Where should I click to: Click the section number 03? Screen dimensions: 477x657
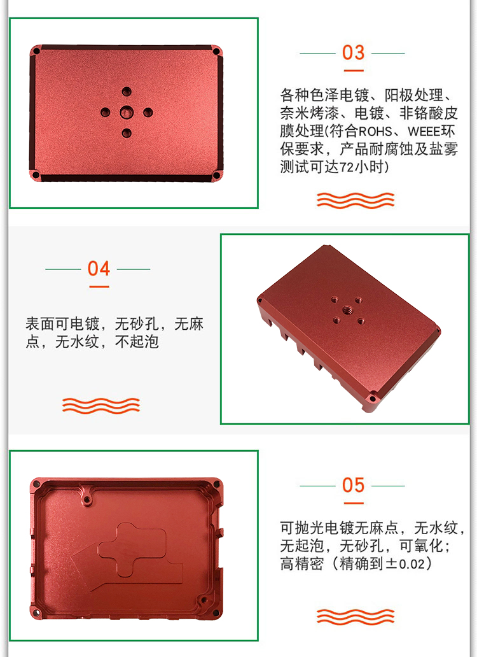pyautogui.click(x=353, y=53)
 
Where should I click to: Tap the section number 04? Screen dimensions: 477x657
pyautogui.click(x=99, y=269)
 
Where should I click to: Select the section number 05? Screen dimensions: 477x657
pyautogui.click(x=353, y=485)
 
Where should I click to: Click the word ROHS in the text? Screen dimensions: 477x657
pyautogui.click(x=376, y=132)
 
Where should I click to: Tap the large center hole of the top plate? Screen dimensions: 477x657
pyautogui.click(x=127, y=112)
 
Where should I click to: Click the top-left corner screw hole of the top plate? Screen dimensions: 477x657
pyautogui.click(x=36, y=51)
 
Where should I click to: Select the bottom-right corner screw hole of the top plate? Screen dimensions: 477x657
pyautogui.click(x=216, y=174)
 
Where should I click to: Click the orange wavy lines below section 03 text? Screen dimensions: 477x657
pyautogui.click(x=356, y=201)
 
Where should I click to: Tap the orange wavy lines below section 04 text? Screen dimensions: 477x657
pyautogui.click(x=101, y=406)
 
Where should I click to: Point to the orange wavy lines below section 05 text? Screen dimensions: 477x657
pyautogui.click(x=356, y=617)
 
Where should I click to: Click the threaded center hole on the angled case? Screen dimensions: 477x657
pyautogui.click(x=347, y=310)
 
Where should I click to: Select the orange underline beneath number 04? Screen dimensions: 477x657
pyautogui.click(x=99, y=286)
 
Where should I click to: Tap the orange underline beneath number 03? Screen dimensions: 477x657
pyautogui.click(x=353, y=71)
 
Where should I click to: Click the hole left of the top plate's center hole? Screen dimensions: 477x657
pyautogui.click(x=105, y=112)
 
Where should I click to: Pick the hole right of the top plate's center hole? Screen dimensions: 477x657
pyautogui.click(x=148, y=112)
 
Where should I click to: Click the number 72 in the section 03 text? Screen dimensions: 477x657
pyautogui.click(x=347, y=167)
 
